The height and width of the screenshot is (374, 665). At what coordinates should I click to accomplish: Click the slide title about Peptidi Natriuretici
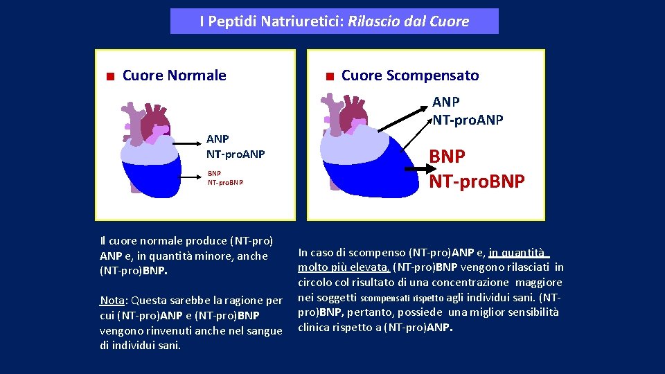(334, 21)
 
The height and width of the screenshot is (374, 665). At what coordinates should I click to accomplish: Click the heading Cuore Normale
(174, 75)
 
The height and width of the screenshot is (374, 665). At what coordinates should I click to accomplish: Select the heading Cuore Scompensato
(410, 75)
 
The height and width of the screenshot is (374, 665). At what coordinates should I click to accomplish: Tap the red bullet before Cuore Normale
(109, 76)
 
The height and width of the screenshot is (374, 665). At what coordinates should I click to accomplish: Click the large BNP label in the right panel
(447, 156)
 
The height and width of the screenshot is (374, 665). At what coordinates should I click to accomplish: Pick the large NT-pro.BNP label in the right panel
(477, 181)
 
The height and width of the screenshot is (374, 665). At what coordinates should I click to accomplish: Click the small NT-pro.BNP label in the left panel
(225, 183)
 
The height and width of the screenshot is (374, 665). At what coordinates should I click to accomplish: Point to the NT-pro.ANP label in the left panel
(236, 153)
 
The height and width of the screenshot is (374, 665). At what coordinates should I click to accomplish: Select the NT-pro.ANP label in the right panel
(468, 120)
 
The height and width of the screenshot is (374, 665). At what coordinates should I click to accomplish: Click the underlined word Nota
(112, 301)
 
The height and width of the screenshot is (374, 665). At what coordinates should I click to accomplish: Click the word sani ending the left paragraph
(168, 345)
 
